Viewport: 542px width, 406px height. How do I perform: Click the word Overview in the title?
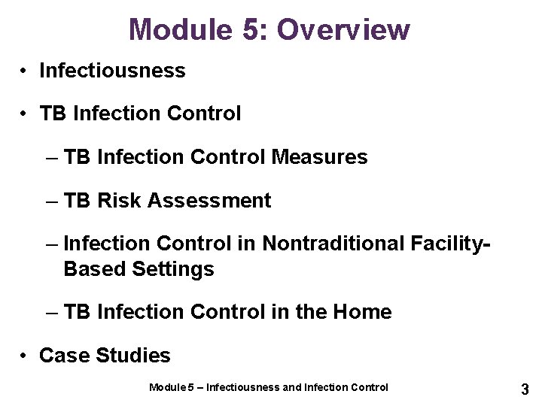click(344, 29)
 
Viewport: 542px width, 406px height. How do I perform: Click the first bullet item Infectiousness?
click(112, 71)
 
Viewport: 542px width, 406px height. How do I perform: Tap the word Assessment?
click(210, 201)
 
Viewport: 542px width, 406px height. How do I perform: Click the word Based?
click(95, 268)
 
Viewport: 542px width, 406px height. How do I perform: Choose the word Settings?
click(172, 268)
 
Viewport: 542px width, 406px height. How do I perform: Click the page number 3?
click(525, 389)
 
